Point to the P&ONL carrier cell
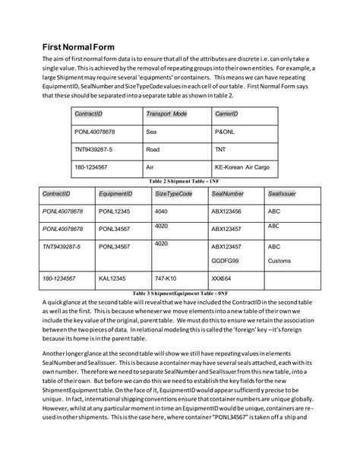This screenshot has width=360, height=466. click(225, 131)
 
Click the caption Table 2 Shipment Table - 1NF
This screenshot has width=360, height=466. click(179, 182)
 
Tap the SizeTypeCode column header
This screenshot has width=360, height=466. click(173, 195)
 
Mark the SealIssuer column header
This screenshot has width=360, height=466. click(282, 195)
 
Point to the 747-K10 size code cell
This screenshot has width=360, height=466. click(166, 279)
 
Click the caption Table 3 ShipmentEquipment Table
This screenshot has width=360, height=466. click(179, 293)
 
